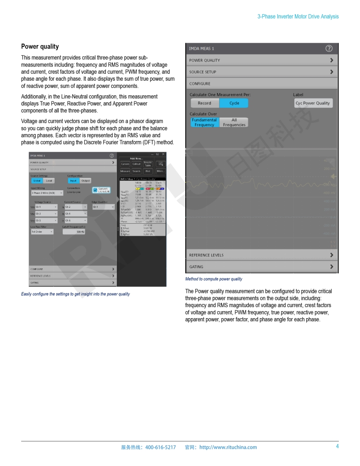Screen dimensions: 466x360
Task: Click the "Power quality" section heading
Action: tap(40, 47)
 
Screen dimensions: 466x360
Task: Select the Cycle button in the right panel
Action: tap(234, 103)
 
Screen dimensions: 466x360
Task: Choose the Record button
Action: tap(204, 103)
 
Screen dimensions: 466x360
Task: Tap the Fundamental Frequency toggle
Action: tap(204, 122)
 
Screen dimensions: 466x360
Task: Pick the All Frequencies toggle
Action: tap(234, 122)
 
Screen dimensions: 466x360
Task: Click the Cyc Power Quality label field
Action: tap(313, 103)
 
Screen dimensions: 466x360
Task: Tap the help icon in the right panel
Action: tap(329, 49)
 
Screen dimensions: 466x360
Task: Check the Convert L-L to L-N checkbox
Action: tap(95, 190)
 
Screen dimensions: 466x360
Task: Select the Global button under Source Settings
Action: tap(37, 180)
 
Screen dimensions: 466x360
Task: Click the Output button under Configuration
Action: tap(86, 180)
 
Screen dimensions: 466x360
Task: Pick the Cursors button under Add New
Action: tap(125, 164)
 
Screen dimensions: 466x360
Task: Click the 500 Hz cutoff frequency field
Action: tap(74, 232)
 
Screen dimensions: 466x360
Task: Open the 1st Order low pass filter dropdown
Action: tap(42, 232)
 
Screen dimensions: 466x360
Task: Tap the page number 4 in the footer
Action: tap(337, 446)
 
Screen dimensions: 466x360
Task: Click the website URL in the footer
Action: tap(228, 447)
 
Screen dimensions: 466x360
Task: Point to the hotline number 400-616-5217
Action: tap(161, 447)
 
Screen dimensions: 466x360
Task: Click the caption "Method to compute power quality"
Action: tap(214, 279)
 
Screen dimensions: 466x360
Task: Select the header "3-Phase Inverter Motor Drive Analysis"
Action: tap(298, 16)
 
